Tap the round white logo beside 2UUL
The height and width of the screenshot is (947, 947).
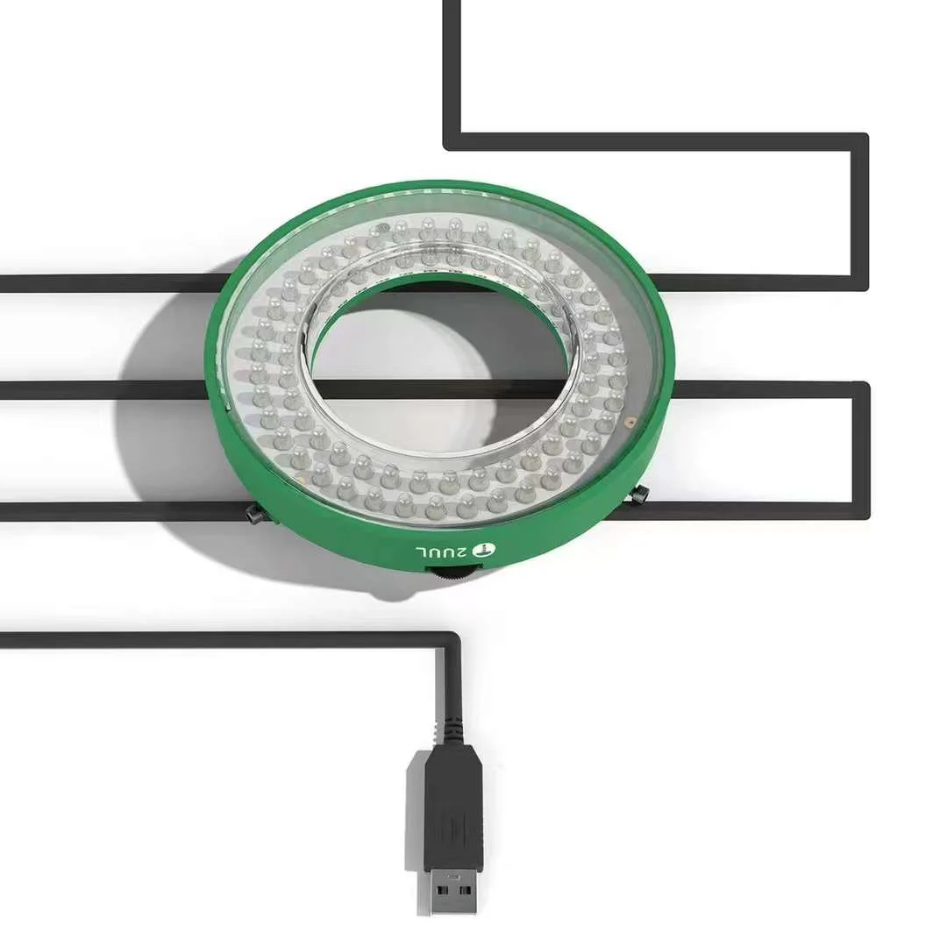coord(485,550)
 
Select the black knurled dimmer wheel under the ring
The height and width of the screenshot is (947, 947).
coord(455,575)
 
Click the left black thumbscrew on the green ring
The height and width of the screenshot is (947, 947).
coord(254,514)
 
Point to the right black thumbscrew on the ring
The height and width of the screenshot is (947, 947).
coord(639,495)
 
